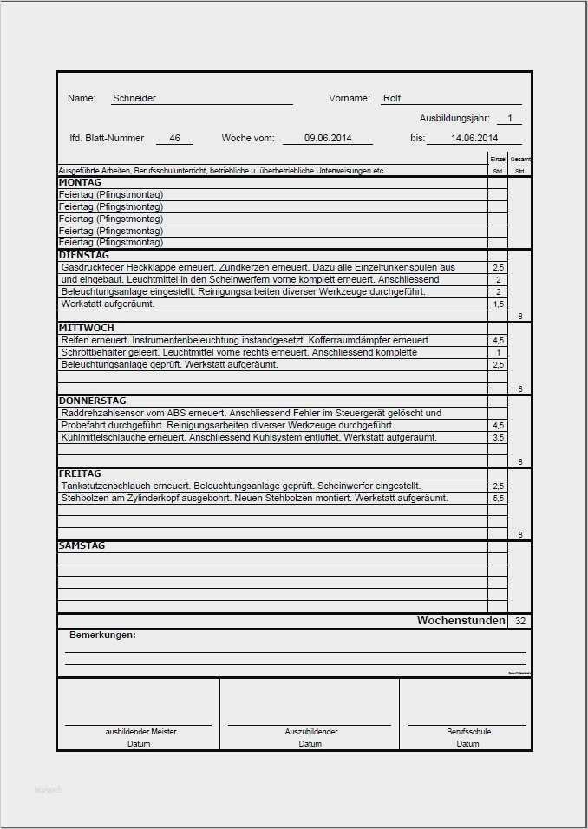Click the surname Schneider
[134, 99]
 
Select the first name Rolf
[392, 99]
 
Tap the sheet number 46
[174, 138]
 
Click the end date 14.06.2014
[474, 138]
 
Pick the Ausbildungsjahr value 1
[510, 118]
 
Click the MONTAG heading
[80, 183]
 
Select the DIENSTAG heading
[83, 256]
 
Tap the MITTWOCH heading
[87, 329]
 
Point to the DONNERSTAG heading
[92, 401]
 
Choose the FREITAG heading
[80, 474]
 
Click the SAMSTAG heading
[82, 546]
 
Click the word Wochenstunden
[461, 621]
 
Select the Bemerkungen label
[102, 636]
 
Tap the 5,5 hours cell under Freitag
[498, 499]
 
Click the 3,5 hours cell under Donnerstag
[498, 438]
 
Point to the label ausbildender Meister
[139, 732]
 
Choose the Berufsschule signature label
[468, 732]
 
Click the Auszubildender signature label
[310, 732]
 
